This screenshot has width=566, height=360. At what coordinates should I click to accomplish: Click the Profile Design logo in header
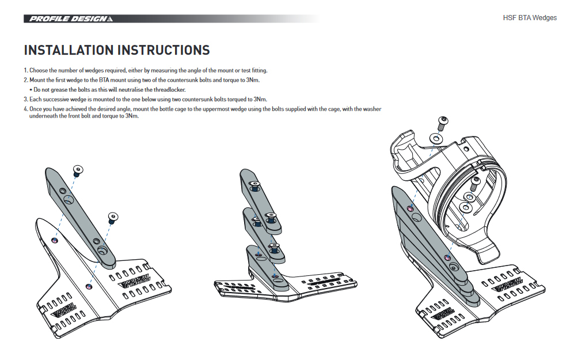coord(69,18)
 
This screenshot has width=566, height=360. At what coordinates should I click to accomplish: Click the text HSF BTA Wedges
coord(530,18)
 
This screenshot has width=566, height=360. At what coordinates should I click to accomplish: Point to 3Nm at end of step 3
coord(260,99)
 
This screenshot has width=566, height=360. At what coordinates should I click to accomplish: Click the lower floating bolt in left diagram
coord(112,217)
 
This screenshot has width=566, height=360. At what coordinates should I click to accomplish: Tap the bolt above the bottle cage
coord(442,122)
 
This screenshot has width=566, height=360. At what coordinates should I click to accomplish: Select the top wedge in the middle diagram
coord(257,196)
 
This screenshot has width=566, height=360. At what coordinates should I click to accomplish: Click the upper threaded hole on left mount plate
coord(55,239)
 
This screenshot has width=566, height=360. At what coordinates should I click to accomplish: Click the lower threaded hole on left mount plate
coord(88,286)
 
